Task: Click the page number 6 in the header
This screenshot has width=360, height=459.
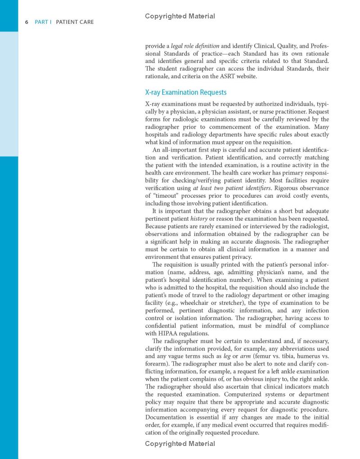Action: point(27,22)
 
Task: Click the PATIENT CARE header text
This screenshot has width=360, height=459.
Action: point(75,22)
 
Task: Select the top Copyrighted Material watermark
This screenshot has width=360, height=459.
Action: point(180,16)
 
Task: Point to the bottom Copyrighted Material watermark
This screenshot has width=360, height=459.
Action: point(180,444)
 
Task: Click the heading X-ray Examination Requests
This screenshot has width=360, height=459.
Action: point(185,92)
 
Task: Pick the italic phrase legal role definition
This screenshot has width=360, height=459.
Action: point(195,46)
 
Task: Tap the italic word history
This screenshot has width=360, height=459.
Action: point(199,218)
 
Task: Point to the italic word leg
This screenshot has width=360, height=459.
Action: point(227,356)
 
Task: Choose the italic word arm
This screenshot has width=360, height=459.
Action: point(246,356)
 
